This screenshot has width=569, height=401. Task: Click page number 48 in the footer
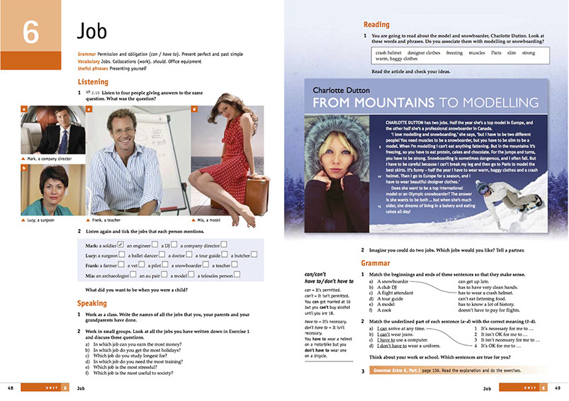pos(10,388)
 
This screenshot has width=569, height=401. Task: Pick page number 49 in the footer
pos(558,388)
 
